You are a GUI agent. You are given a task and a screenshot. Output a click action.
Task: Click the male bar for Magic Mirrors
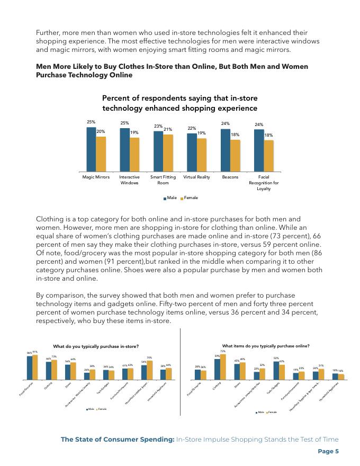pyautogui.click(x=91, y=149)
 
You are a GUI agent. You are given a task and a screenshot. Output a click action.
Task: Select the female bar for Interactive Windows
pyautogui.click(x=134, y=154)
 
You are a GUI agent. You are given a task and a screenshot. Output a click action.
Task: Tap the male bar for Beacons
pyautogui.click(x=226, y=150)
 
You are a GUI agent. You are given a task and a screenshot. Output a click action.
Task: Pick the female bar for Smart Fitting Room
pyautogui.click(x=168, y=153)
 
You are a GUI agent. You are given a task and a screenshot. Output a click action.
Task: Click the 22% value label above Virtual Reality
pyautogui.click(x=191, y=128)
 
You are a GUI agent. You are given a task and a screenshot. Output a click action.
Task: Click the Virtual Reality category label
pyautogui.click(x=196, y=177)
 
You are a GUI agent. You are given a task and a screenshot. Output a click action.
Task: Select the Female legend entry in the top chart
pyautogui.click(x=190, y=198)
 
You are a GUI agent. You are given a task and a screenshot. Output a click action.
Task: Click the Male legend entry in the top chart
pyautogui.click(x=170, y=198)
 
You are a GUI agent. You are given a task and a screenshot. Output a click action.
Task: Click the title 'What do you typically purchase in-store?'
pyautogui.click(x=96, y=346)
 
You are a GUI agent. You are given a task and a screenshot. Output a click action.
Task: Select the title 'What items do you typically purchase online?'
pyautogui.click(x=266, y=346)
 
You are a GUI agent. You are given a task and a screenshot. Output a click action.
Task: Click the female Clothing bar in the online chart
pyautogui.click(x=223, y=367)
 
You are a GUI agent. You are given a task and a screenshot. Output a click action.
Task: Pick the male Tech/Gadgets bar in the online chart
pyautogui.click(x=276, y=371)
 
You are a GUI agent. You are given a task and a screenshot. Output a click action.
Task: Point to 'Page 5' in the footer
pyautogui.click(x=328, y=451)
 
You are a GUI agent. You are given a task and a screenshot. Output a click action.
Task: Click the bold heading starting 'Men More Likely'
pyautogui.click(x=172, y=70)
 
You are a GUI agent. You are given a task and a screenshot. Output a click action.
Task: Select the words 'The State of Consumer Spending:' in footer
pyautogui.click(x=117, y=440)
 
